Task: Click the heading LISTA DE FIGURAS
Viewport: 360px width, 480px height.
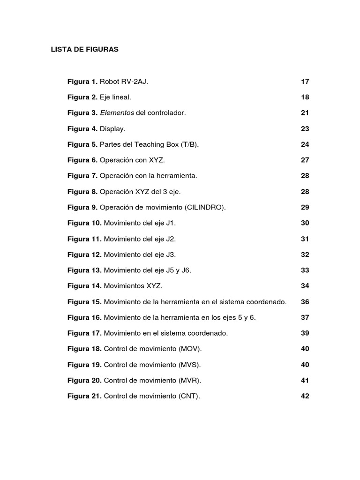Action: [x=84, y=49]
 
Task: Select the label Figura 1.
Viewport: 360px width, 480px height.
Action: [x=82, y=82]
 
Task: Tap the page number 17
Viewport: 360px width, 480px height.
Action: [x=305, y=82]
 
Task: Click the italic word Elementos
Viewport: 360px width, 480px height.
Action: [x=117, y=113]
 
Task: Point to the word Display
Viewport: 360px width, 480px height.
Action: [x=113, y=129]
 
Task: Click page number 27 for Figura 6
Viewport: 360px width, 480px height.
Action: [x=305, y=160]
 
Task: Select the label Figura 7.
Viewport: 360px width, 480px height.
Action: [x=82, y=176]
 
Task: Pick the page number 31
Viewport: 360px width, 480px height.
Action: [x=305, y=239]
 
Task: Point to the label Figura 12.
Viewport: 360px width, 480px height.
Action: [x=84, y=255]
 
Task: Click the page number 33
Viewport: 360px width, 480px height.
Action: [x=305, y=270]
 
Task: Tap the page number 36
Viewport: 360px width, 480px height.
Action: [x=305, y=301]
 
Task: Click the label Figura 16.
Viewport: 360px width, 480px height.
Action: [x=84, y=317]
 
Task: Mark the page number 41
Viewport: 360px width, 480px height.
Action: [x=305, y=380]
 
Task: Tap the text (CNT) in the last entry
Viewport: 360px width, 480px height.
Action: [x=189, y=396]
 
